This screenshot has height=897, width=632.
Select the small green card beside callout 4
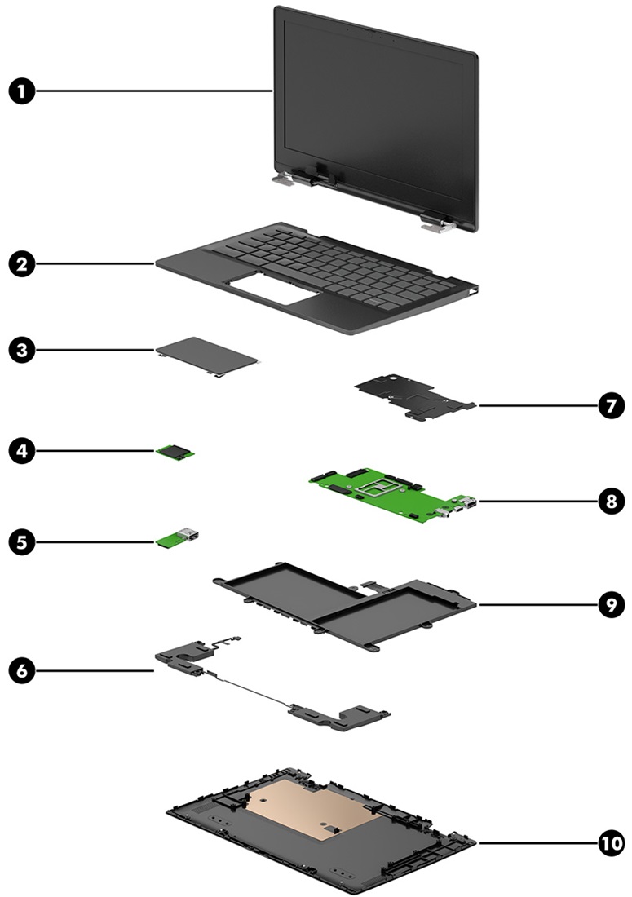(x=177, y=451)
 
